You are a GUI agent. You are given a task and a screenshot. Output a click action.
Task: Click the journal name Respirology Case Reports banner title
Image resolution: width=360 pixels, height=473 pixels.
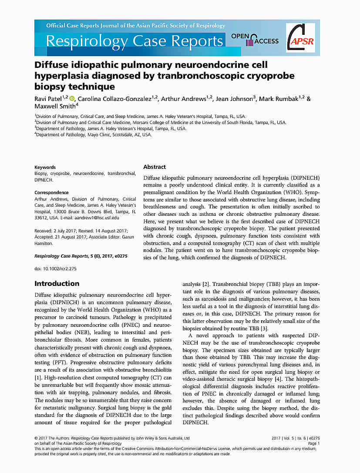[134, 41]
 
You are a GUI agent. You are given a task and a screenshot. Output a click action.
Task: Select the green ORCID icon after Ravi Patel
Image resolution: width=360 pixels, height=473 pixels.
[72, 99]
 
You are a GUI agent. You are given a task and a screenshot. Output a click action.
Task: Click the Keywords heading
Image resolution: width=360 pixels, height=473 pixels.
[45, 167]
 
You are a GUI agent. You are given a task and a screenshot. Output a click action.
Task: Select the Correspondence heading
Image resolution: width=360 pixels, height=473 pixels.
[51, 192]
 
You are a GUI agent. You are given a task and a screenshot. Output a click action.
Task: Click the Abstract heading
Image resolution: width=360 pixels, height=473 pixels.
[155, 167]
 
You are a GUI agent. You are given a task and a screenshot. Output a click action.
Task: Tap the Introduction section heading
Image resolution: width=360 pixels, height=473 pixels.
[57, 284]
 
